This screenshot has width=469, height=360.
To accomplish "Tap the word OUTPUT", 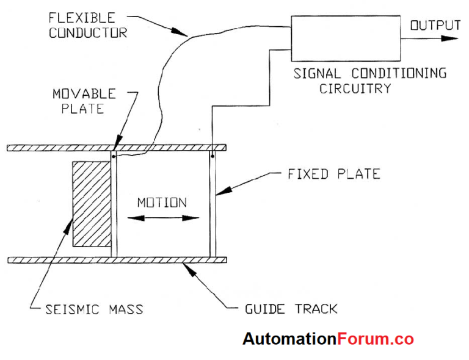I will click(x=435, y=25).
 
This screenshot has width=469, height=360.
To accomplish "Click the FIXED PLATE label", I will click(x=333, y=174).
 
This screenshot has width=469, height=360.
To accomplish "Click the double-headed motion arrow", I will click(x=162, y=218).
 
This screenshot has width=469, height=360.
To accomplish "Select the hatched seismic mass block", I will click(x=90, y=204).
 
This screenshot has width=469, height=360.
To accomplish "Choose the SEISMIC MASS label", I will click(x=94, y=309).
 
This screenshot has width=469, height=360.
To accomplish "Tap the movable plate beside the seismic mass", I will click(x=113, y=204).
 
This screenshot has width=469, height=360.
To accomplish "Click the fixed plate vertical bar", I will click(x=213, y=204).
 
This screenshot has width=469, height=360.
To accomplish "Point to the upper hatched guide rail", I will click(x=116, y=148).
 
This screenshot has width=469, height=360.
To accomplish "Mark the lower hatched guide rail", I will click(x=116, y=261).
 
